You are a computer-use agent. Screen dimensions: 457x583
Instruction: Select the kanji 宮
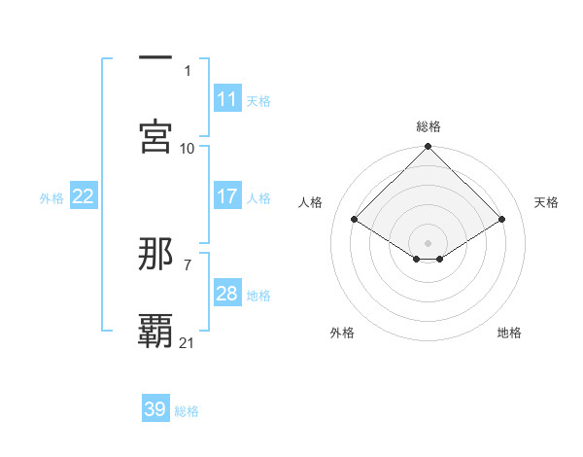tap(155, 137)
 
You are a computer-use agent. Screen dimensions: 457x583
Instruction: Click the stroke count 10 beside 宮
tap(188, 148)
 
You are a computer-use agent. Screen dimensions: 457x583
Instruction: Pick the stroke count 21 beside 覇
tap(188, 342)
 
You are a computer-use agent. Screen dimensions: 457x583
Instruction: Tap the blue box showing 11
tap(226, 99)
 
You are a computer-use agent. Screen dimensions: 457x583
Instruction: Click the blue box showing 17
tap(226, 196)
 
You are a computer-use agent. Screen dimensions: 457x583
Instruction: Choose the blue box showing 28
tap(226, 294)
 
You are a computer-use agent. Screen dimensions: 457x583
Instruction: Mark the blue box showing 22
tap(83, 196)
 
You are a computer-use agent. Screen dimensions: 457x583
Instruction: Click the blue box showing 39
tap(154, 409)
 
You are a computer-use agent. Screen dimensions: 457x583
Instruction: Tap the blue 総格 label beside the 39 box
tap(187, 411)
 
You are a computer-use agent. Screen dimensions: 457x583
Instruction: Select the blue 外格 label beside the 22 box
tap(51, 197)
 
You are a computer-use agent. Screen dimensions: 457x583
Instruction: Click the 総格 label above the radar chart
tap(429, 126)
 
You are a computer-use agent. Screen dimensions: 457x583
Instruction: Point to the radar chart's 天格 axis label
tap(546, 202)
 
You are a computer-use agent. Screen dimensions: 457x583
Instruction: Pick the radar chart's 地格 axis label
tap(509, 333)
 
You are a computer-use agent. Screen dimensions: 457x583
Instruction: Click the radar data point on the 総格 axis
tap(429, 148)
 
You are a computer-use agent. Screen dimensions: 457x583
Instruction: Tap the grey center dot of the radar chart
tap(429, 242)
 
